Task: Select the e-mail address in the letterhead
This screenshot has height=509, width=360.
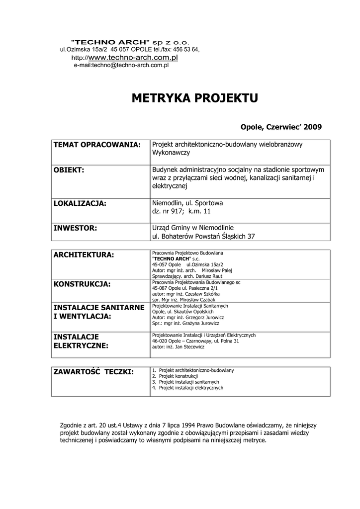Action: click(121, 65)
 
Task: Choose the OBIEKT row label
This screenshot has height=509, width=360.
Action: click(69, 170)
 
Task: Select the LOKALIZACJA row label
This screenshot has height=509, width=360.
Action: click(80, 203)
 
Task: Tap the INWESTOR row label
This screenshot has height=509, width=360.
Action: click(75, 228)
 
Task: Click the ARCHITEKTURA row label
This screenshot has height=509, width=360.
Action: click(84, 255)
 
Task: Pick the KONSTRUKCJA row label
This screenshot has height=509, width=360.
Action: click(82, 284)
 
